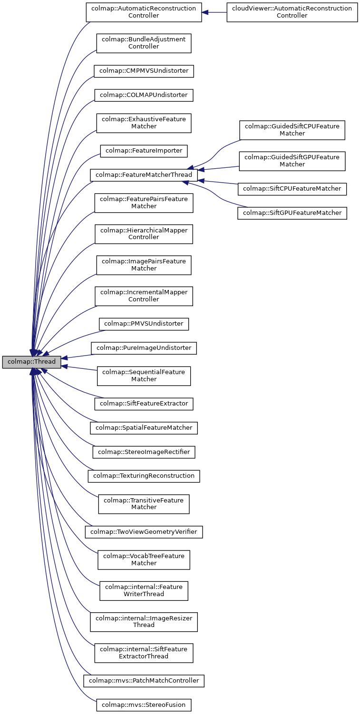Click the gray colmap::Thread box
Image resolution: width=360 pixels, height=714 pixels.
pos(31,362)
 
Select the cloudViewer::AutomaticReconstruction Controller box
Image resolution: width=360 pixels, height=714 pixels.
pos(292,12)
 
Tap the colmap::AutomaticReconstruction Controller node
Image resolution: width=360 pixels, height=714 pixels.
pos(144,12)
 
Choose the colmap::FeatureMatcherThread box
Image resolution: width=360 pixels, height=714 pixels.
pos(144,174)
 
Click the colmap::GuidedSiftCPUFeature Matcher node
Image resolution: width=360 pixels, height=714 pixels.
pos(292,130)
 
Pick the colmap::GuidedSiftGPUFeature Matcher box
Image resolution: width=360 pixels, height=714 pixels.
pos(292,161)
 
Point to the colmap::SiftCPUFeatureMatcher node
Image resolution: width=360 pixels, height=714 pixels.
pos(292,189)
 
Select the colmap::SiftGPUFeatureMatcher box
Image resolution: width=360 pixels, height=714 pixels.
pos(292,213)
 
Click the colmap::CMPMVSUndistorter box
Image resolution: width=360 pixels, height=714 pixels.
pos(144,71)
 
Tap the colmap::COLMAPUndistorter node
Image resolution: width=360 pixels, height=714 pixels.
pos(144,95)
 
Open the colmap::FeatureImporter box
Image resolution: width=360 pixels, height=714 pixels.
pos(144,151)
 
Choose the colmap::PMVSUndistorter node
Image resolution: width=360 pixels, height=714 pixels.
pos(144,324)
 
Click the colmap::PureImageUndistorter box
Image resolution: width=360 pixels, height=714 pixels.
pos(144,348)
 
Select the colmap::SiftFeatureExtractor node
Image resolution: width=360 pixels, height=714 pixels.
pos(144,404)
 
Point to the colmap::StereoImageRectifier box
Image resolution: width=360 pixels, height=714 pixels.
pos(144,452)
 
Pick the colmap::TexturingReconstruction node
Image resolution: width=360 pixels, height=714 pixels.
pos(144,476)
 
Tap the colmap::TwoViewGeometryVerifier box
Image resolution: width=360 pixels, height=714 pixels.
pos(144,531)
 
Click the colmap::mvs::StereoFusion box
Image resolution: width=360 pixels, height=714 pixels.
pos(144,704)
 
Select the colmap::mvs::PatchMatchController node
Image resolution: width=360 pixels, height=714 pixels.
pos(144,681)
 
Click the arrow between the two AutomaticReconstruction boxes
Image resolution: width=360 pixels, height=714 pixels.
pos(214,12)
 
